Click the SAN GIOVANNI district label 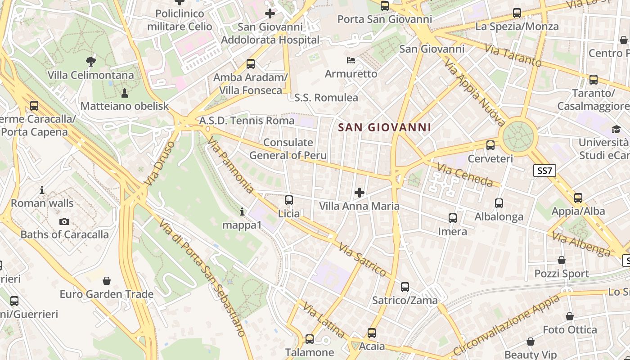pyautogui.click(x=384, y=127)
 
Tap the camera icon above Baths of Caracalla pyautogui.click(x=64, y=221)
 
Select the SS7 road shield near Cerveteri pyautogui.click(x=544, y=171)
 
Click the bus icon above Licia pyautogui.click(x=289, y=200)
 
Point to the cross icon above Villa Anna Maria pyautogui.click(x=359, y=193)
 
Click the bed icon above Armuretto pyautogui.click(x=351, y=60)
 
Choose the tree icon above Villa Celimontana pyautogui.click(x=90, y=61)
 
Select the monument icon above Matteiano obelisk pyautogui.click(x=125, y=93)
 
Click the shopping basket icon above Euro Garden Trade pyautogui.click(x=107, y=281)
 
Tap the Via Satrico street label pyautogui.click(x=362, y=260)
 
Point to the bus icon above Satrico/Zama pyautogui.click(x=405, y=287)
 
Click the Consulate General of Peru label pyautogui.click(x=288, y=149)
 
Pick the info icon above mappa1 pyautogui.click(x=242, y=211)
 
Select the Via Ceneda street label pyautogui.click(x=465, y=175)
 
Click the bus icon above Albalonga pyautogui.click(x=499, y=203)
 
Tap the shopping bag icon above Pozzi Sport pyautogui.click(x=562, y=260)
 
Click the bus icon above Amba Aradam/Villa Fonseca pyautogui.click(x=251, y=64)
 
